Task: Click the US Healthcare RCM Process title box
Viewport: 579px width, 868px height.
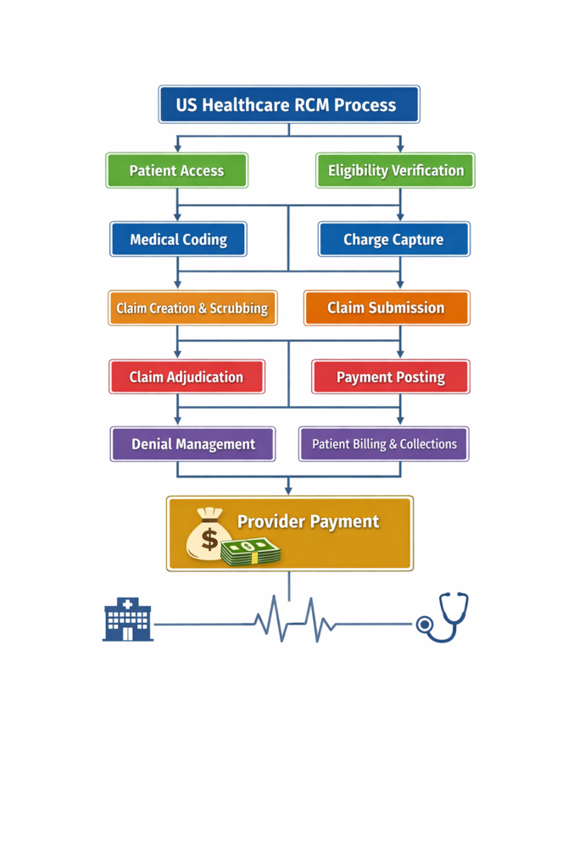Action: [x=288, y=104]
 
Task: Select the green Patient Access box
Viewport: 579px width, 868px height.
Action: [x=176, y=170]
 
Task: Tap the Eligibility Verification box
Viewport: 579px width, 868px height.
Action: [x=395, y=170]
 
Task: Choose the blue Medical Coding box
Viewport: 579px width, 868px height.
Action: [x=178, y=239]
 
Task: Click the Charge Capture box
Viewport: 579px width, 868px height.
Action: [x=393, y=239]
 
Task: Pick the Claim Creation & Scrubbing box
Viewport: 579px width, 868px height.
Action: [x=192, y=308]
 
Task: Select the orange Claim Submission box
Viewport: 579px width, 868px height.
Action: [x=386, y=308]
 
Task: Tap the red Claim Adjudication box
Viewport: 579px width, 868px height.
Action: [x=187, y=376]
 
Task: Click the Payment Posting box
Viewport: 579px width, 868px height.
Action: [x=390, y=376]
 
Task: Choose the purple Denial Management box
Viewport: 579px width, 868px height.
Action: [x=192, y=443]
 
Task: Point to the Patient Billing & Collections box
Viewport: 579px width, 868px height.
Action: [x=383, y=443]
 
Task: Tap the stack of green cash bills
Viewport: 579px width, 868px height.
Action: [x=251, y=552]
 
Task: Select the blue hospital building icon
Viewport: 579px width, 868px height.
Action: [x=127, y=619]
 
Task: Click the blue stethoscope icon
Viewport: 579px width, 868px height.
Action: [x=443, y=617]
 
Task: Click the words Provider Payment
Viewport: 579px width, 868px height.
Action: [x=308, y=521]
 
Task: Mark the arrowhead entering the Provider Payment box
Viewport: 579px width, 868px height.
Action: [x=289, y=490]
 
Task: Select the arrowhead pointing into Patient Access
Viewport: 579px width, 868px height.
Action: [x=176, y=147]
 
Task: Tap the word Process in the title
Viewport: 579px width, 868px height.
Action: [x=365, y=105]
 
